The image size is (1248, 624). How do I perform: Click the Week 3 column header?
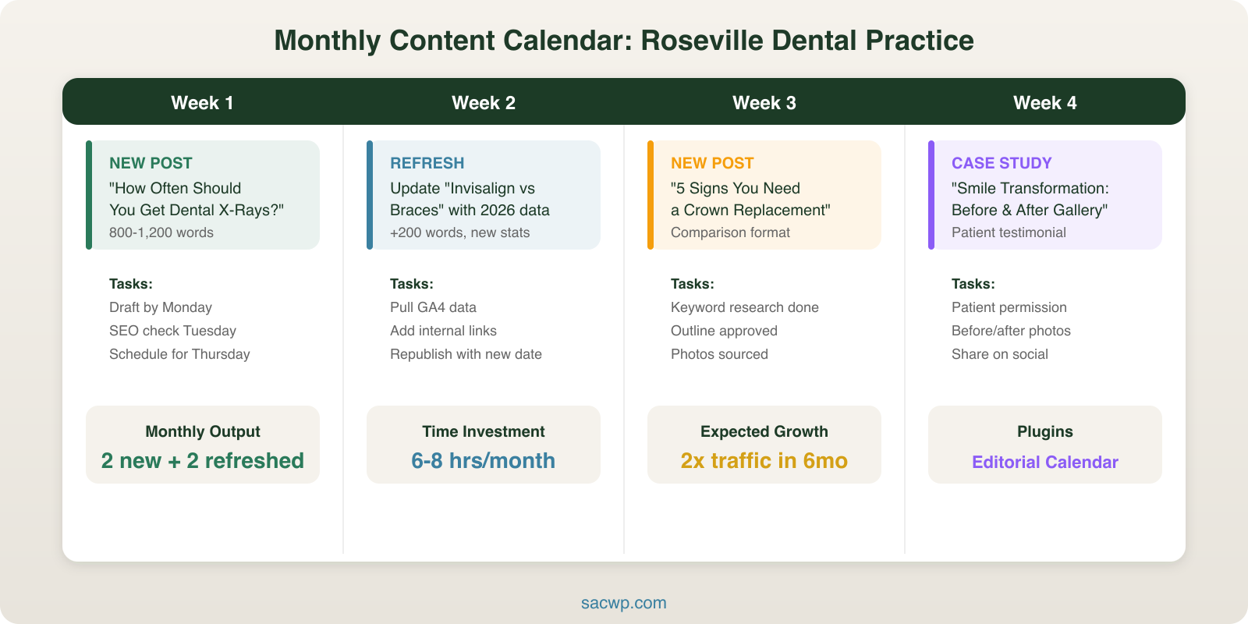point(764,103)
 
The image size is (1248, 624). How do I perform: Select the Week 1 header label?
point(202,103)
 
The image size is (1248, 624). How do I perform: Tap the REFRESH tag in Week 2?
point(427,163)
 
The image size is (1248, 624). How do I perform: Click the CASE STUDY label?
point(1001,163)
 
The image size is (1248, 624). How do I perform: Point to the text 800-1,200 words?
point(161,232)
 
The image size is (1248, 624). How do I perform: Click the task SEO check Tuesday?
point(172,331)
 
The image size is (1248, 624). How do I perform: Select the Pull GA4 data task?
point(433,307)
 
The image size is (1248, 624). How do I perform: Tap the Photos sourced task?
point(719,354)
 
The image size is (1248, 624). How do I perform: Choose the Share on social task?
point(999,354)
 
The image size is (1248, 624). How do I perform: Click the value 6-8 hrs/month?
point(483,461)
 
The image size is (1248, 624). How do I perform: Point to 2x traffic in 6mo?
point(764,461)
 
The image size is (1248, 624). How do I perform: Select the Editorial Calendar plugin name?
point(1044,462)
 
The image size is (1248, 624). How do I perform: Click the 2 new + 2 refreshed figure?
point(202,461)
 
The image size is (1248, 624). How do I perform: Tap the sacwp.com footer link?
point(623,603)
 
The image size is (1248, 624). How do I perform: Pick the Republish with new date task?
point(466,354)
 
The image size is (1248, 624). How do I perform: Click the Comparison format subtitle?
point(730,232)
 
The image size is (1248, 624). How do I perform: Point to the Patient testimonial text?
point(1008,232)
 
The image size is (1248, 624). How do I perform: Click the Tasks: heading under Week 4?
point(973,284)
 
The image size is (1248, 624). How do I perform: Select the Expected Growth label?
point(764,431)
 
